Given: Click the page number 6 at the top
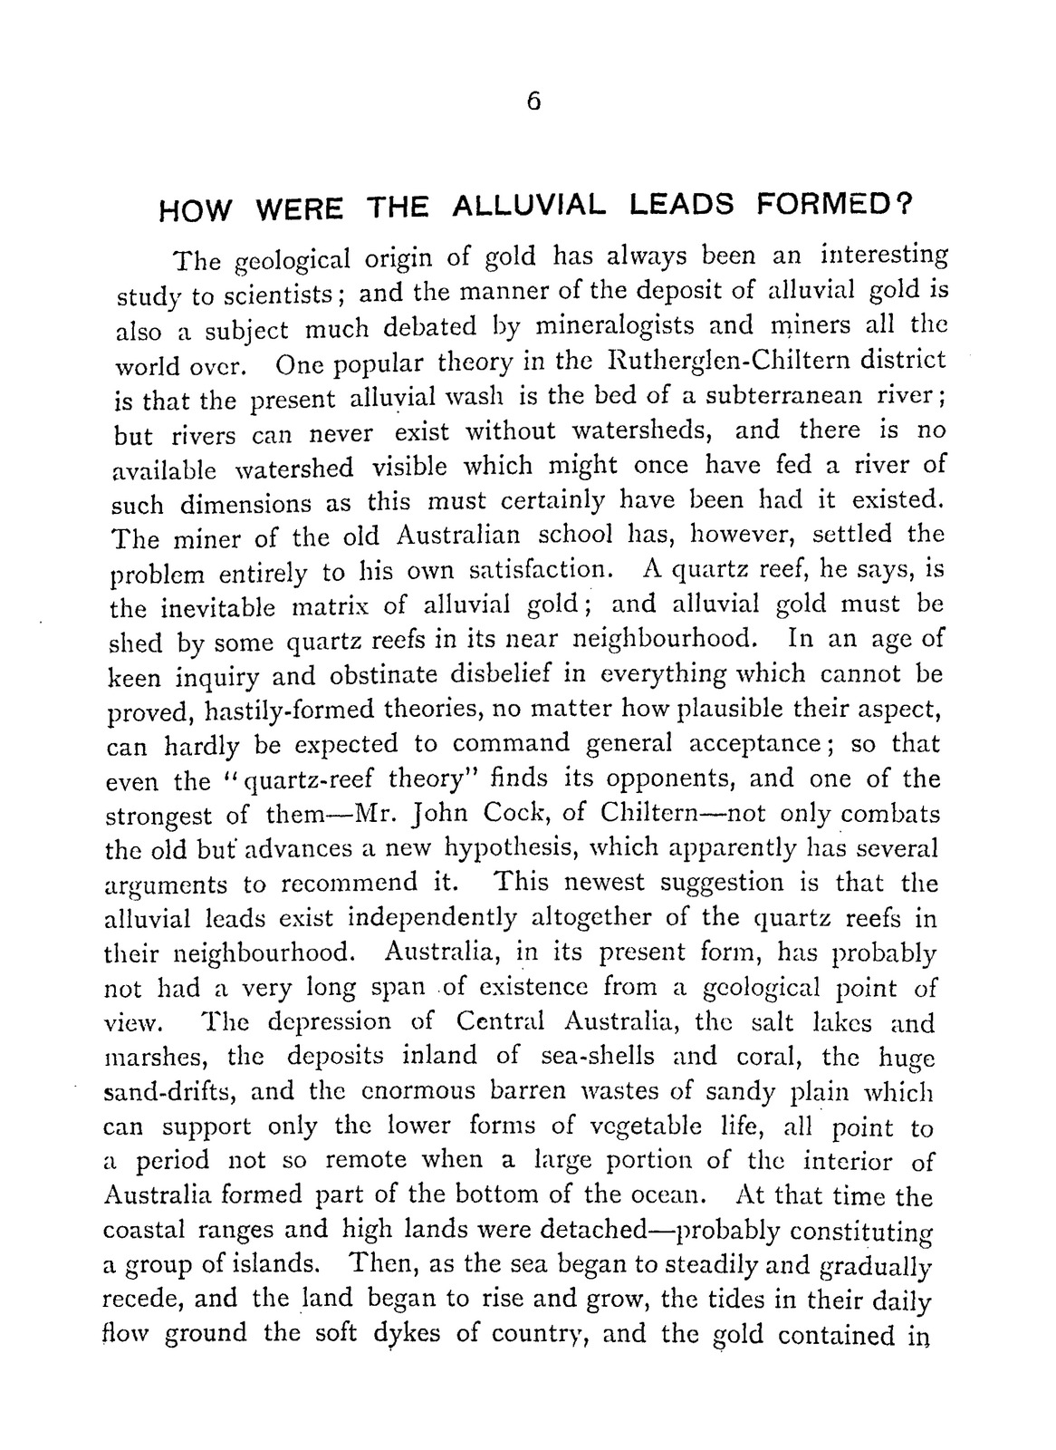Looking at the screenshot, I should pos(534,102).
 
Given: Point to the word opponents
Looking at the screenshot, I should pos(687,780).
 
